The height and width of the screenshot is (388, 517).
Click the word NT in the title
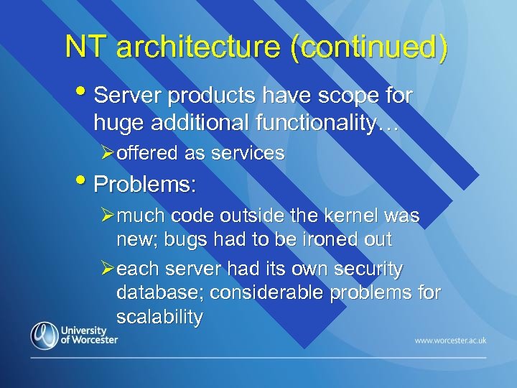pyautogui.click(x=86, y=47)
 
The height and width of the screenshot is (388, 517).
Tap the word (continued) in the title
pyautogui.click(x=369, y=47)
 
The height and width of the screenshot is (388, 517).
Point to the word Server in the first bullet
pyautogui.click(x=125, y=96)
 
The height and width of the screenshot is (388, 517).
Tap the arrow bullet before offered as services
pyautogui.click(x=106, y=153)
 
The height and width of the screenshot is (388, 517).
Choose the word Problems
pyautogui.click(x=144, y=184)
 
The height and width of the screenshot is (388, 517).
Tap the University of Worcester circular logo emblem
pyautogui.click(x=45, y=336)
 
